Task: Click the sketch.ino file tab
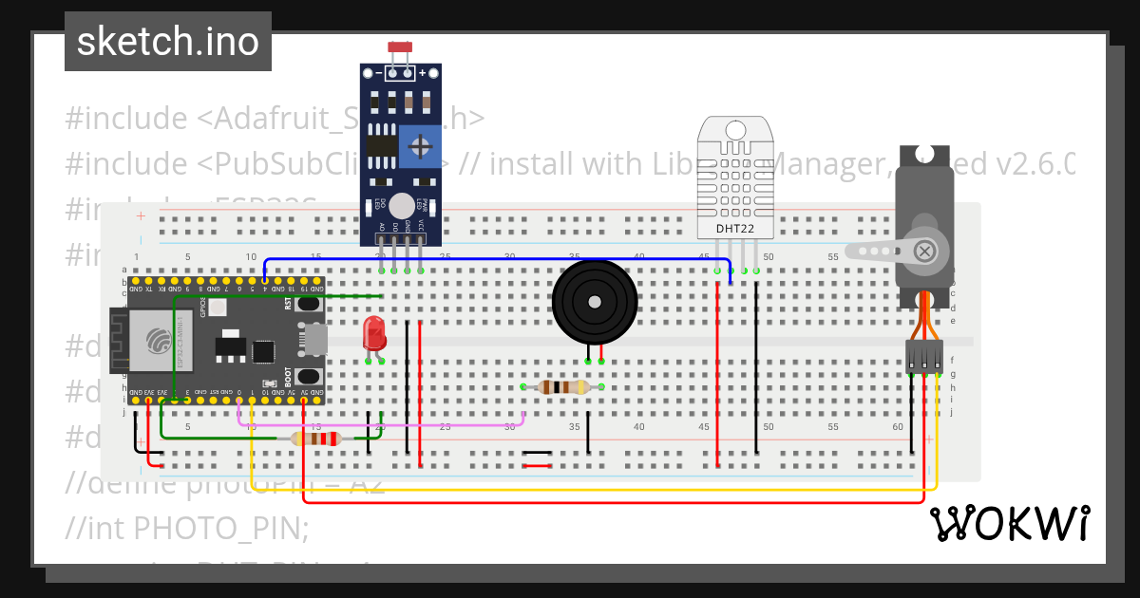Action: (167, 42)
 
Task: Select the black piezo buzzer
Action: (595, 303)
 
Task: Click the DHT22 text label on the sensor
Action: (735, 229)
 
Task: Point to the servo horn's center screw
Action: (923, 251)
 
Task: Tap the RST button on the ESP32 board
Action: (308, 305)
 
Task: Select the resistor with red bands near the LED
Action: (317, 438)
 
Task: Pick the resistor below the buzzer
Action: (562, 386)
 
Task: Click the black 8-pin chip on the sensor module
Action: (382, 145)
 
